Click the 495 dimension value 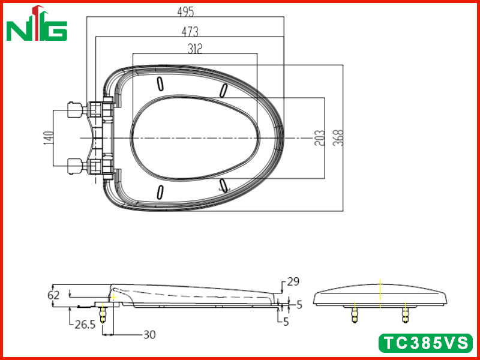coord(185,11)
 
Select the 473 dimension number coord(190,32)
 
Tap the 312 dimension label coord(195,49)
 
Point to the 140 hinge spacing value coord(49,138)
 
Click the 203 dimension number coord(319,138)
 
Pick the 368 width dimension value coord(338,138)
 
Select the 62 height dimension coord(53,295)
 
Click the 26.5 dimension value coord(85,325)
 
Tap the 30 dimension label coord(149,335)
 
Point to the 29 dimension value coord(293,281)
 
